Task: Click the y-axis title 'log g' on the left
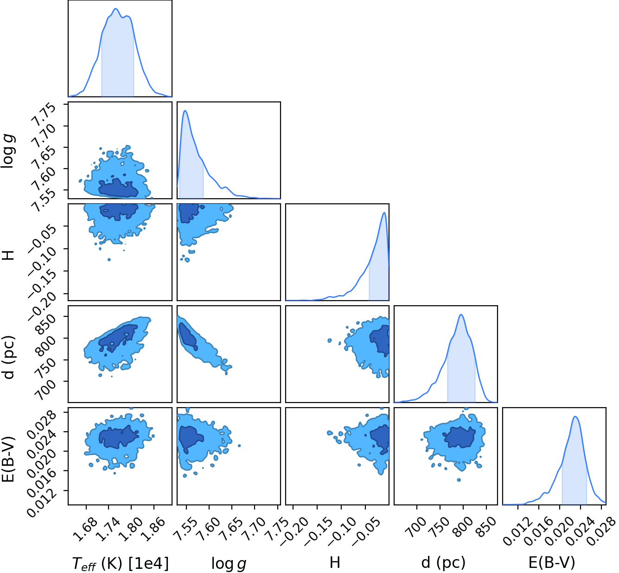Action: click(8, 151)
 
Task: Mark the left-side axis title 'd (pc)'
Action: click(8, 357)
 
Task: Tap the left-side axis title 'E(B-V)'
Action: click(8, 460)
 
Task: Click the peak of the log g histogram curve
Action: click(185, 111)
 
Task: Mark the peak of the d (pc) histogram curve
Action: click(461, 315)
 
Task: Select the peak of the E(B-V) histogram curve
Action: click(575, 417)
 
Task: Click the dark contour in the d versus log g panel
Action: click(187, 336)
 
